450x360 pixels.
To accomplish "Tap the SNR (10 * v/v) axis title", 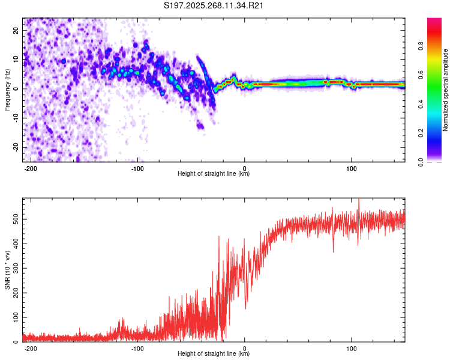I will pyautogui.click(x=7, y=270).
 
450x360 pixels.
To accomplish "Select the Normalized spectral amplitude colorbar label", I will pyautogui.click(x=446, y=90).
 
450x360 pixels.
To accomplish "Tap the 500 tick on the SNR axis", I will pyautogui.click(x=15, y=220).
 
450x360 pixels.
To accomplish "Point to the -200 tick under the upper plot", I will pyautogui.click(x=31, y=167).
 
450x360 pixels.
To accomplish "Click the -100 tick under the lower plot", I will pyautogui.click(x=138, y=348).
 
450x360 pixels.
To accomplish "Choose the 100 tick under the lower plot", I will pyautogui.click(x=351, y=348).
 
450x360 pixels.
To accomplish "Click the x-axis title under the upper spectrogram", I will pyautogui.click(x=214, y=174).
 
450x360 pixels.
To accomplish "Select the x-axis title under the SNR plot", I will pyautogui.click(x=214, y=354).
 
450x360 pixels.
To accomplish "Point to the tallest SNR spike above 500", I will pyautogui.click(x=359, y=200).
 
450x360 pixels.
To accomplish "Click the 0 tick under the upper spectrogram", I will pyautogui.click(x=245, y=167).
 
